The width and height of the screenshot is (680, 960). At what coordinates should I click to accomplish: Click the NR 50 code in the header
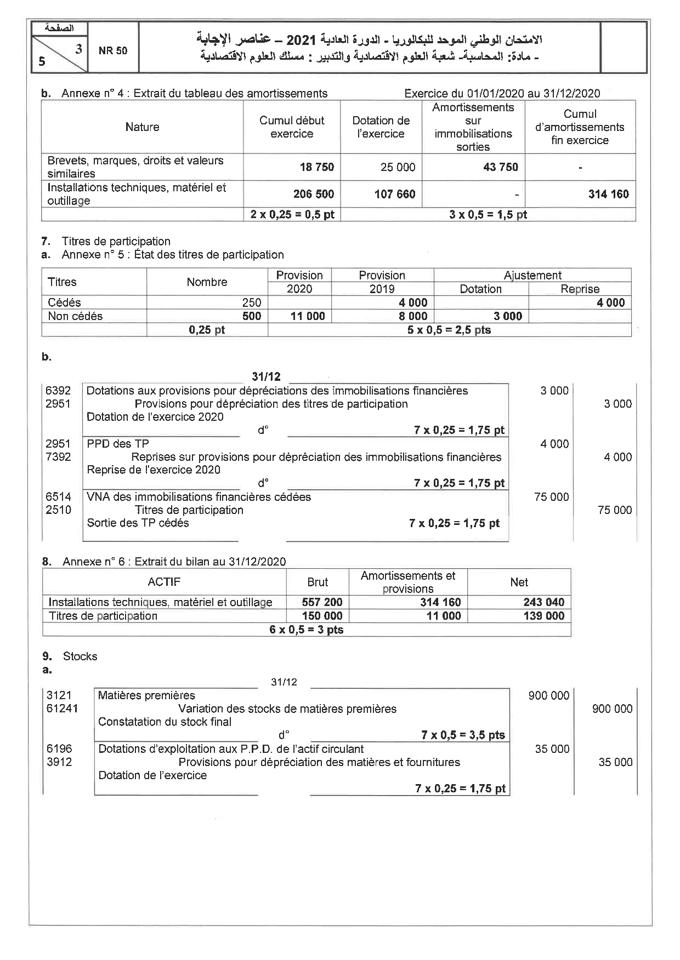(113, 50)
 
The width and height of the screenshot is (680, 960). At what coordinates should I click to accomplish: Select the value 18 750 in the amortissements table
(317, 167)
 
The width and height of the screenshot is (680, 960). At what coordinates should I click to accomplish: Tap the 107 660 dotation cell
(395, 194)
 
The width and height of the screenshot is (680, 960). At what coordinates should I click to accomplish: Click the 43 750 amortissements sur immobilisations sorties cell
(501, 167)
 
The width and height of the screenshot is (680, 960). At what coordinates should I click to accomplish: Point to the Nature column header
(142, 127)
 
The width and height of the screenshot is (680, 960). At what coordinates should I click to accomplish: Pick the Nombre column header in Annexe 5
(207, 282)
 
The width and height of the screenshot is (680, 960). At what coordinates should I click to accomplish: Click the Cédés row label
(64, 302)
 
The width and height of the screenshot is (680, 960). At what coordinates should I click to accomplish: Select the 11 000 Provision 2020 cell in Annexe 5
(308, 316)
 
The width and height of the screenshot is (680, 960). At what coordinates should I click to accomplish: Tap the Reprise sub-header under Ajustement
(580, 289)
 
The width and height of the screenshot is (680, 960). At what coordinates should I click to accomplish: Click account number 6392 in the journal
(58, 391)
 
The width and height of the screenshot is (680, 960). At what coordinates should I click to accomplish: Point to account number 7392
(58, 457)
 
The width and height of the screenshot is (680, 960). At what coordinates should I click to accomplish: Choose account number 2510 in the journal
(58, 510)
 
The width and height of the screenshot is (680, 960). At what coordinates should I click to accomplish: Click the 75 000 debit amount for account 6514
(551, 497)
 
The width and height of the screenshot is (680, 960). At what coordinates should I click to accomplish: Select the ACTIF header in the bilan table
(164, 582)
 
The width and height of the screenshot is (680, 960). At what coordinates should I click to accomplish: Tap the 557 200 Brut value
(322, 602)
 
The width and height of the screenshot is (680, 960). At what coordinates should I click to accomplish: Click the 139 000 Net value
(543, 616)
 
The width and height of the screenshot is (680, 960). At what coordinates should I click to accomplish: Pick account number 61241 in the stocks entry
(62, 709)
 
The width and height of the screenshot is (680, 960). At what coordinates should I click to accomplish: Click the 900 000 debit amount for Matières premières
(548, 696)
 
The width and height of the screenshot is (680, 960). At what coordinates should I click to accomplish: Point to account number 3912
(59, 762)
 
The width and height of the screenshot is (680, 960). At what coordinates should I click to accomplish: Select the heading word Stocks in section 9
(80, 656)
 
